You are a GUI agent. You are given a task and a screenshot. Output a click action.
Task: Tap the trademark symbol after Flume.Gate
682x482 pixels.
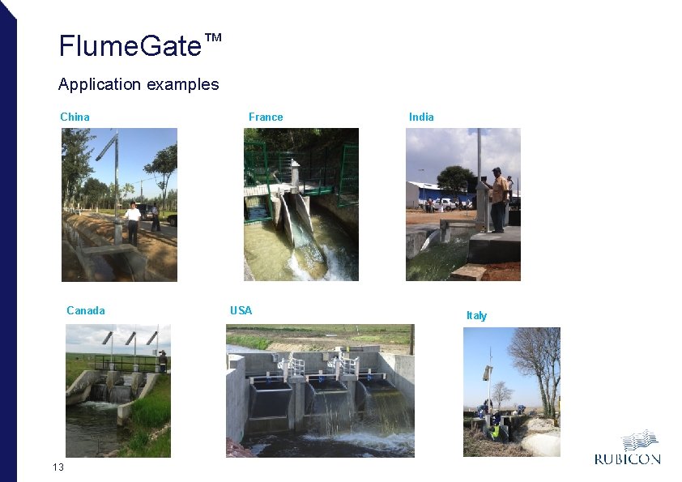click(x=212, y=38)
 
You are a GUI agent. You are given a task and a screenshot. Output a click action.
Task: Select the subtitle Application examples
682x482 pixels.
click(x=139, y=84)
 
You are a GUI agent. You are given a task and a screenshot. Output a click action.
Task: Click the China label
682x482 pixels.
click(x=75, y=117)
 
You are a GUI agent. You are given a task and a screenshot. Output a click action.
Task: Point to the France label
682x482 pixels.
click(x=266, y=117)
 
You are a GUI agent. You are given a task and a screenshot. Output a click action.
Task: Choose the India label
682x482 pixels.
click(x=421, y=117)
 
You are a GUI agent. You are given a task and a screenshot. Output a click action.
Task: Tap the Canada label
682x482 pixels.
click(x=86, y=310)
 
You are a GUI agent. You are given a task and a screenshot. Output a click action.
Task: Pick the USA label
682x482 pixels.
click(x=241, y=310)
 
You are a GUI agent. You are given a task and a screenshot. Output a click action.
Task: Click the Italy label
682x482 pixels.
click(x=476, y=315)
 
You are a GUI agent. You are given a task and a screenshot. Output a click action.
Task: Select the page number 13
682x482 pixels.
click(x=58, y=467)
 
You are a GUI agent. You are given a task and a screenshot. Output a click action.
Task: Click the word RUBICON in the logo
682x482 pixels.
click(x=627, y=459)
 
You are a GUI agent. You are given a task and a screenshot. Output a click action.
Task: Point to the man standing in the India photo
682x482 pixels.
click(x=497, y=199)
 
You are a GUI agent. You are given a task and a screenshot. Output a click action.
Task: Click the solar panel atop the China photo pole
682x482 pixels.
click(x=105, y=147)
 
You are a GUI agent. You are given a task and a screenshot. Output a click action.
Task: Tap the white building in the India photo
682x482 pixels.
click(x=424, y=194)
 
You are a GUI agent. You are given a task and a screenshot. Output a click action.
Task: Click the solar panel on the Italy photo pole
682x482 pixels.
click(x=488, y=372)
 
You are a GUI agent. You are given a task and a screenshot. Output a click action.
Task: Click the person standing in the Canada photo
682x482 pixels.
click(x=162, y=360)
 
